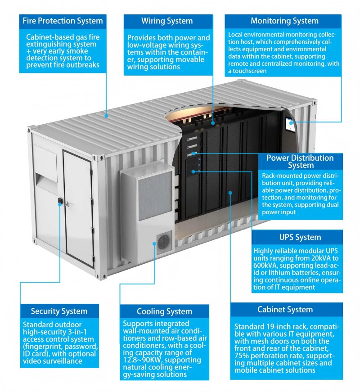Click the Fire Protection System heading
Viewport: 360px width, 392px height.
point(63,21)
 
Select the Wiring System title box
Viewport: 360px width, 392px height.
point(167,21)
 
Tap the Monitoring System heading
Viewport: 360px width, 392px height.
point(284,21)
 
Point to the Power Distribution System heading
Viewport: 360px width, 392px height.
point(300,162)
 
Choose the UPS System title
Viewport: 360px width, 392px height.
point(300,237)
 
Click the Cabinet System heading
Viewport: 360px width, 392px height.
point(285,310)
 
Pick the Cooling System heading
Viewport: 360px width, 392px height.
point(164,311)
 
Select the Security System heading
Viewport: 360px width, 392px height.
point(59,311)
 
